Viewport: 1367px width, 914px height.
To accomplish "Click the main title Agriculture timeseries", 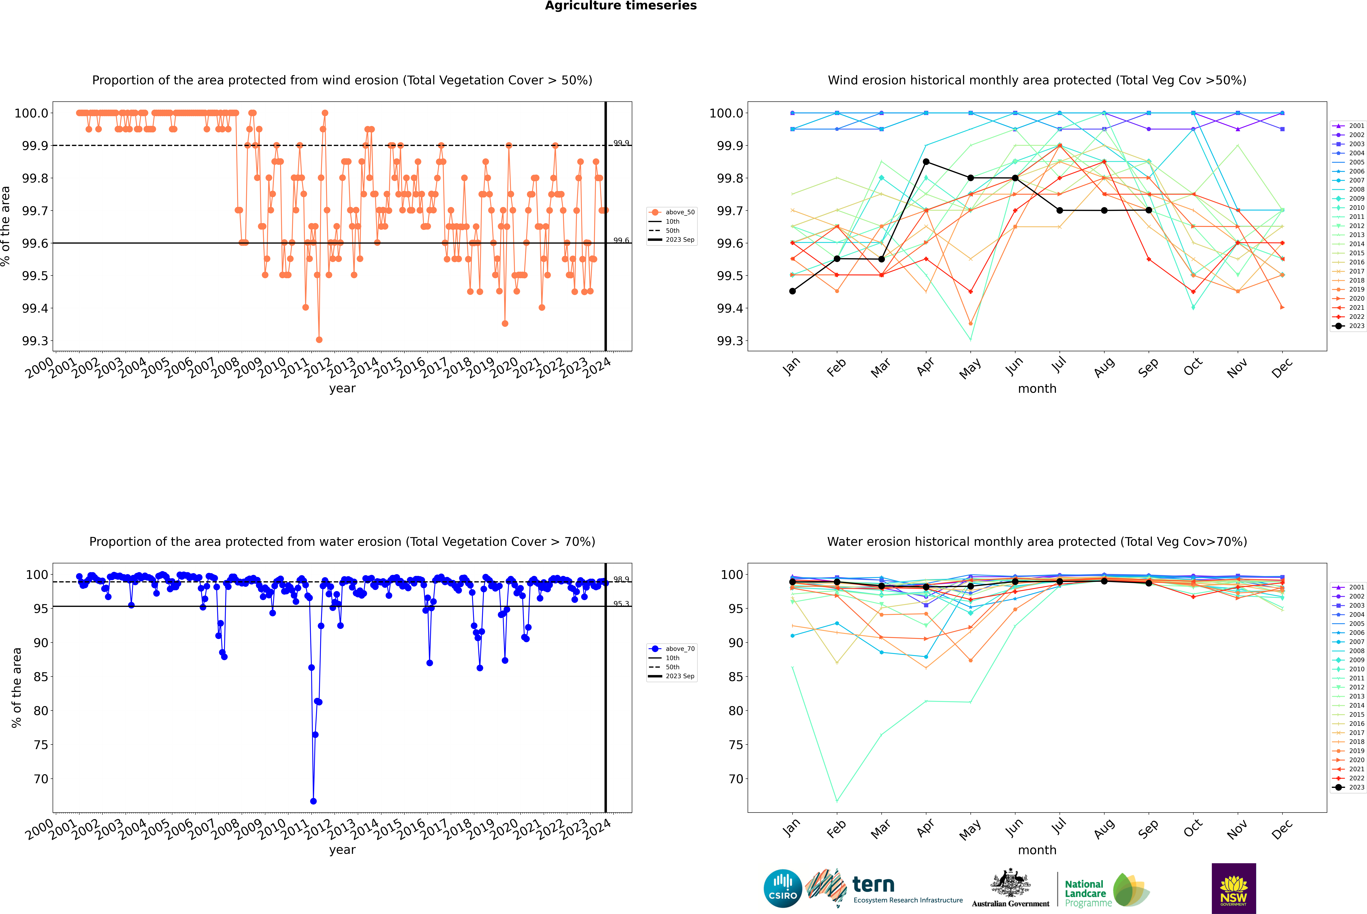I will click(x=621, y=6).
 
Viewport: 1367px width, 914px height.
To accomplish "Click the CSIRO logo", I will click(x=783, y=888).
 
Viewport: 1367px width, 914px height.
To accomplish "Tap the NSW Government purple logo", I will click(x=1234, y=888).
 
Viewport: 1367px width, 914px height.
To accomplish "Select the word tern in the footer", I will click(x=873, y=884).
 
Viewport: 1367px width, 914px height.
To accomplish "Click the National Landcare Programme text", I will click(x=1085, y=893).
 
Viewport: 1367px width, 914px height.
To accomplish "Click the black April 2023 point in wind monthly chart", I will click(x=926, y=161).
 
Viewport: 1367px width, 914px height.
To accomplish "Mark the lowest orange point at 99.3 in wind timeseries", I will click(x=319, y=340).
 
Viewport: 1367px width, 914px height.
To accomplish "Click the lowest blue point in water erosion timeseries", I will click(x=314, y=801).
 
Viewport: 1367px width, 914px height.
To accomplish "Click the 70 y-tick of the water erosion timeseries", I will click(x=41, y=779).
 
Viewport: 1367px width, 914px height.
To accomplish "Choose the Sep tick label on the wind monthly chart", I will click(x=1148, y=368).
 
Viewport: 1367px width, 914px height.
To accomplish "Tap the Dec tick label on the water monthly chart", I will click(x=1282, y=830).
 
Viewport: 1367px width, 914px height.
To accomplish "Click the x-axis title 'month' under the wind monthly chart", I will click(x=1037, y=389).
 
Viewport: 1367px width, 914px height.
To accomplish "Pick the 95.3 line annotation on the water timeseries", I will click(x=621, y=604).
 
